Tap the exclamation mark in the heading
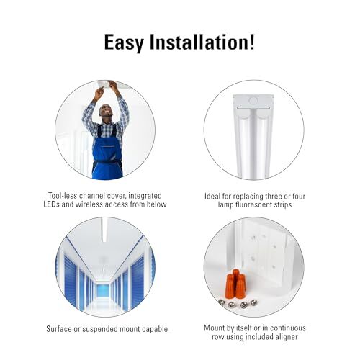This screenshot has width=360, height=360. [252, 42]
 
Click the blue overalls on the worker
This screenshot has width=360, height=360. [107, 153]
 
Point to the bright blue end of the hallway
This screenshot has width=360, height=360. [104, 290]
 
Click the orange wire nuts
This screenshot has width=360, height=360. [235, 284]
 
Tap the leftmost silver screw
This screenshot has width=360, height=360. [222, 302]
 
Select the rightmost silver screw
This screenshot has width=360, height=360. [253, 302]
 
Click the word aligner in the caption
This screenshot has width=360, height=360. [287, 337]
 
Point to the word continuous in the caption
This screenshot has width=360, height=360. [286, 328]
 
